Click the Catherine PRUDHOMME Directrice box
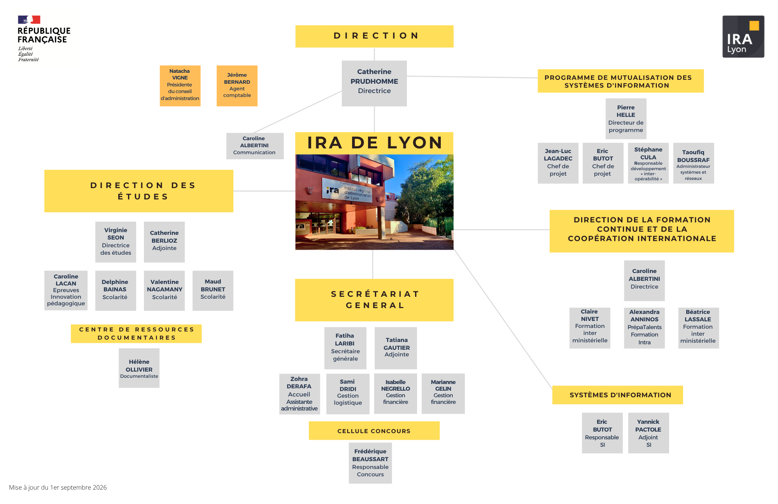click(374, 83)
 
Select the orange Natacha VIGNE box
click(180, 86)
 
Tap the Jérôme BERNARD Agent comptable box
click(237, 86)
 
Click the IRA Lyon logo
click(743, 37)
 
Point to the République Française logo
click(44, 39)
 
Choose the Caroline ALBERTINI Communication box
click(255, 146)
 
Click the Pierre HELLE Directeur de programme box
click(626, 119)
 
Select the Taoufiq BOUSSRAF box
click(694, 163)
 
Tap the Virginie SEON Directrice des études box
click(116, 242)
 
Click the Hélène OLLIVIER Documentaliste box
click(139, 368)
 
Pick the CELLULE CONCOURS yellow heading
click(374, 431)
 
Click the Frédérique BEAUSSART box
click(370, 463)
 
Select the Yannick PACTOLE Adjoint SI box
click(648, 433)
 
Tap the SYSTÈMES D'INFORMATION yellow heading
click(618, 395)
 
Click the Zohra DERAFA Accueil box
click(300, 394)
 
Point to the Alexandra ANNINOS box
click(644, 328)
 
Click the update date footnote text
click(58, 488)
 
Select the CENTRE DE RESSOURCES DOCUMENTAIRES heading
click(136, 333)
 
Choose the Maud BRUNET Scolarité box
click(213, 291)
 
